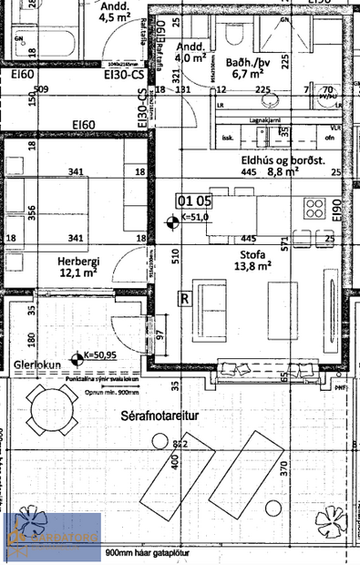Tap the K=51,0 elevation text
pyautogui.click(x=195, y=218)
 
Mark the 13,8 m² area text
pyautogui.click(x=253, y=266)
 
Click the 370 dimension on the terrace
pyautogui.click(x=284, y=469)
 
